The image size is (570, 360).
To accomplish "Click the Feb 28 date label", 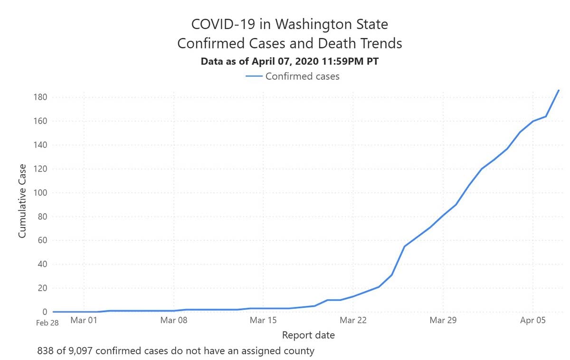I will click(47, 322).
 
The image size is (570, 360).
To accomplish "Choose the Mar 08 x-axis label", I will click(174, 320).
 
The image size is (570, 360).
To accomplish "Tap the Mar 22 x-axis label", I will click(353, 320).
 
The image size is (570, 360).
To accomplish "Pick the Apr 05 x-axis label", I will click(532, 320).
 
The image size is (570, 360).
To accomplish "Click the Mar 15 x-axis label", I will click(264, 320).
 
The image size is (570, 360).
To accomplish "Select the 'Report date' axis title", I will click(308, 335).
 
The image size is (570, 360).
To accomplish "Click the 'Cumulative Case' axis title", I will click(22, 201).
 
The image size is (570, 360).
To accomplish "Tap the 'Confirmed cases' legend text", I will click(303, 76).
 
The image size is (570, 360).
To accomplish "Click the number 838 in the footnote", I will click(46, 351).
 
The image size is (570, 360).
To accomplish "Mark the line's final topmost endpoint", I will click(559, 90).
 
